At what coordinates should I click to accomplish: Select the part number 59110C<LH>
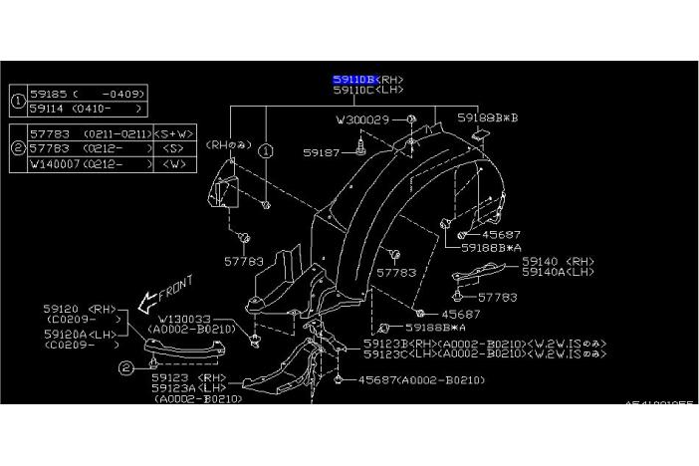[x=368, y=90]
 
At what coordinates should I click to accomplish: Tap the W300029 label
[x=362, y=119]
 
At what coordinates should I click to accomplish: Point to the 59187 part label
[x=323, y=152]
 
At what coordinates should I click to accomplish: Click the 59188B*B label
[x=488, y=117]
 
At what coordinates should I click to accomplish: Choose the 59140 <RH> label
[x=557, y=261]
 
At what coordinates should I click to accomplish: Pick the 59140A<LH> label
[x=558, y=272]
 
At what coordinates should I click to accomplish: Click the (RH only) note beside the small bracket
[x=227, y=144]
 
